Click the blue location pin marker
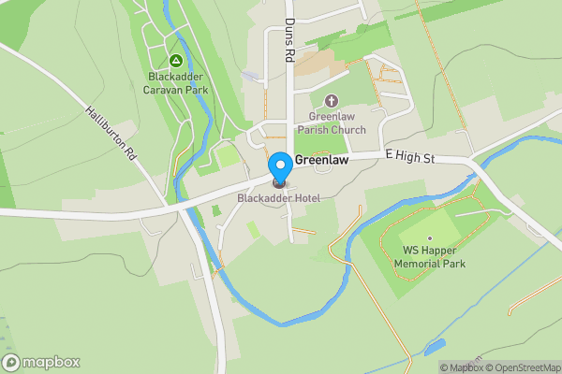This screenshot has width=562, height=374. [x=279, y=166]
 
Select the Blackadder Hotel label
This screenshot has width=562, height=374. [x=278, y=197]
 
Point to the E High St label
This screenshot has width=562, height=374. [x=410, y=159]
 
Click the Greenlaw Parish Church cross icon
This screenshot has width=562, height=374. [x=330, y=101]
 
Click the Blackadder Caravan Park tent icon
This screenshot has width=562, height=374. [x=175, y=61]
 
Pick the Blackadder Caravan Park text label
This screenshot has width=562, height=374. [x=178, y=83]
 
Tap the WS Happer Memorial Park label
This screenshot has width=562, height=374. [x=430, y=257]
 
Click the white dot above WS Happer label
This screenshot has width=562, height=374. [x=431, y=237]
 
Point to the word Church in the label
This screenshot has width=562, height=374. [x=348, y=130]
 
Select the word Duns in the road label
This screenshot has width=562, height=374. [x=290, y=28]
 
